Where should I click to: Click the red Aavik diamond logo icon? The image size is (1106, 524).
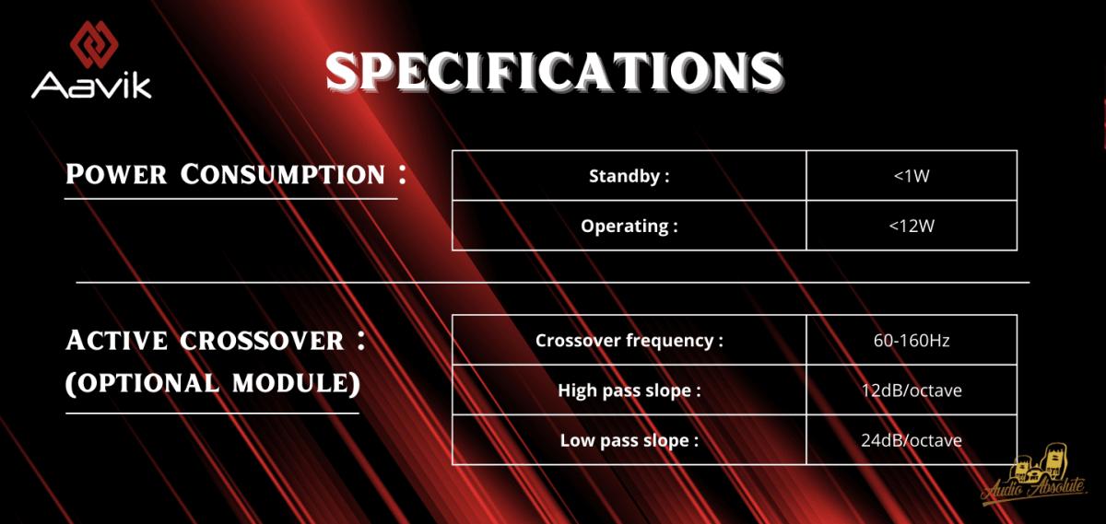pyautogui.click(x=94, y=44)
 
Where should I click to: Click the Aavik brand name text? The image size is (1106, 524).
pyautogui.click(x=91, y=86)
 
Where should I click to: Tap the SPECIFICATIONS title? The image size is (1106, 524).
pyautogui.click(x=555, y=72)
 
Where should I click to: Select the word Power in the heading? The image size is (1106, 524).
pyautogui.click(x=116, y=174)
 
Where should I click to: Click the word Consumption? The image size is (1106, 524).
pyautogui.click(x=282, y=174)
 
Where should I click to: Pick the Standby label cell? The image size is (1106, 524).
pyautogui.click(x=629, y=176)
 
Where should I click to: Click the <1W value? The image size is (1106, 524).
pyautogui.click(x=912, y=176)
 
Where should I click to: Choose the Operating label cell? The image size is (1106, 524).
pyautogui.click(x=629, y=226)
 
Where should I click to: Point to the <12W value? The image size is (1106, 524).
pyautogui.click(x=912, y=226)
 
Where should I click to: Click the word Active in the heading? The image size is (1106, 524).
pyautogui.click(x=116, y=341)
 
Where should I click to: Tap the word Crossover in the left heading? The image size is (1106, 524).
pyautogui.click(x=262, y=341)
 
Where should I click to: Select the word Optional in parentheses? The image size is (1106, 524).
pyautogui.click(x=142, y=383)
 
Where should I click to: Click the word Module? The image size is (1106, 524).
pyautogui.click(x=296, y=383)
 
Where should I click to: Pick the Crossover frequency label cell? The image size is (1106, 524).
pyautogui.click(x=629, y=340)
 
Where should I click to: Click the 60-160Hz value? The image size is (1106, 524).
pyautogui.click(x=912, y=341)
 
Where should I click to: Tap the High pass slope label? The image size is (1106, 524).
pyautogui.click(x=629, y=390)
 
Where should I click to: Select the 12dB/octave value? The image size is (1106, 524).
pyautogui.click(x=912, y=390)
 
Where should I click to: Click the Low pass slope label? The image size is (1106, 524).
pyautogui.click(x=629, y=440)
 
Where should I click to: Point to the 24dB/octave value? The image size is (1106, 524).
pyautogui.click(x=912, y=440)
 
